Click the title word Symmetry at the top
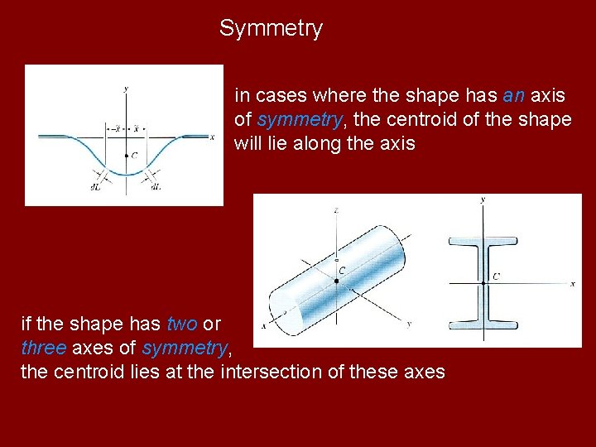coord(271,29)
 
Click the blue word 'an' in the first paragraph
coord(513,96)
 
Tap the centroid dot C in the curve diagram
coord(125,155)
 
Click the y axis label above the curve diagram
coord(125,88)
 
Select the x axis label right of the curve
coord(213,137)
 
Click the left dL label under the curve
coord(95,187)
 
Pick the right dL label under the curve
coord(156,187)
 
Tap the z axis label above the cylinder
coord(336,210)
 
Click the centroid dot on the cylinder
coord(336,281)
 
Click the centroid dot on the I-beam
coord(483,282)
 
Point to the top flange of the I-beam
coord(483,243)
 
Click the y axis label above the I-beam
coord(483,200)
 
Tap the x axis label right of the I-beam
coord(573,283)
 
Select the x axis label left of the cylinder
coord(264,326)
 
